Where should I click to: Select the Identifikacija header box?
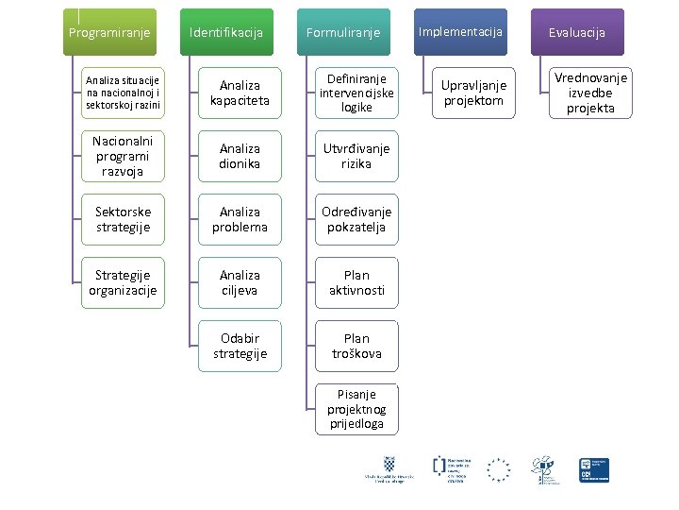tap(226, 33)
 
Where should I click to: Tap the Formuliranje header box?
tap(343, 33)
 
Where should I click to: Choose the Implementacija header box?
tap(460, 32)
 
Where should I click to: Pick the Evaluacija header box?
tap(577, 33)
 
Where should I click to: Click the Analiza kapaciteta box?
tap(240, 93)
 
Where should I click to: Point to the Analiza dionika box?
tap(240, 156)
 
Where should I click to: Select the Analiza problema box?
tap(240, 219)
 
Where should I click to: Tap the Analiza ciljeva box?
tap(240, 282)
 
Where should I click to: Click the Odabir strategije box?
tap(240, 346)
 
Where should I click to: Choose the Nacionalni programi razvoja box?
tap(123, 156)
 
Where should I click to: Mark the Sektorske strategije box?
tap(123, 219)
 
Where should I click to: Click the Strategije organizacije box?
tap(123, 282)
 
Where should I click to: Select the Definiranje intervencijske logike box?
tap(356, 93)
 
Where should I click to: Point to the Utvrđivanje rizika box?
tap(356, 156)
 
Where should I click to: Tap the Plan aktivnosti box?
tap(356, 282)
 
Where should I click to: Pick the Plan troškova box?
tap(356, 346)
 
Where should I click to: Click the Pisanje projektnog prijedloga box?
tap(356, 409)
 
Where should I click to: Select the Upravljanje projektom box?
tap(473, 93)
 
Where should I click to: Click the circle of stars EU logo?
tap(498, 469)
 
